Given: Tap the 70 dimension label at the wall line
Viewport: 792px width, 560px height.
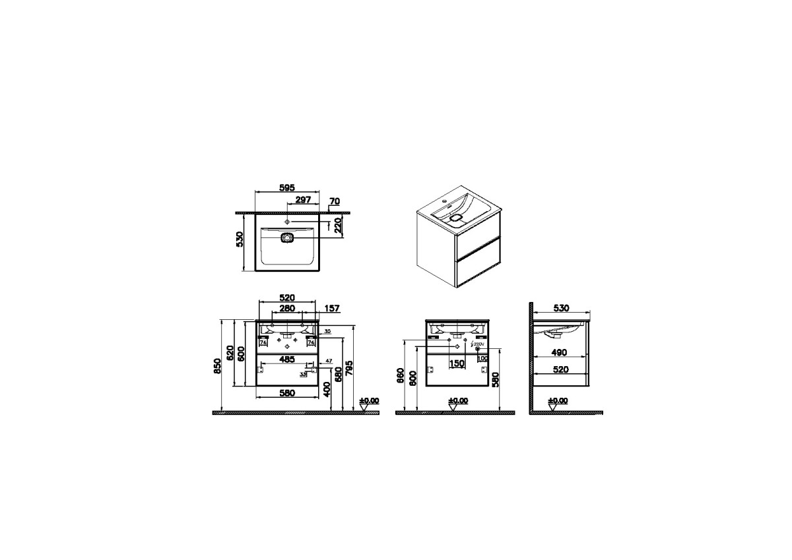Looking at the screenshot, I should (334, 201).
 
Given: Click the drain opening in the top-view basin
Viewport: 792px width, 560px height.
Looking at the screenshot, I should (287, 238).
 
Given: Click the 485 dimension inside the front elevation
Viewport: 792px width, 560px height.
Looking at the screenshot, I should (286, 360).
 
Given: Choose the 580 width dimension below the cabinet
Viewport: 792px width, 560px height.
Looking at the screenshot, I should (286, 393).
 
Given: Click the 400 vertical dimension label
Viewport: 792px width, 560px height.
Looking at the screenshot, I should (327, 392).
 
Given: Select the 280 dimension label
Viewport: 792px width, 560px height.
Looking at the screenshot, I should (287, 308).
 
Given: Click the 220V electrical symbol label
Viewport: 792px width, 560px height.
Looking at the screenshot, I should (479, 344).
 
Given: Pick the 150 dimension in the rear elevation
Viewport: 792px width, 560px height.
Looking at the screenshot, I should (457, 363).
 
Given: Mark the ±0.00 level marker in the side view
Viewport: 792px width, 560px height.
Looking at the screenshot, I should (557, 401).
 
